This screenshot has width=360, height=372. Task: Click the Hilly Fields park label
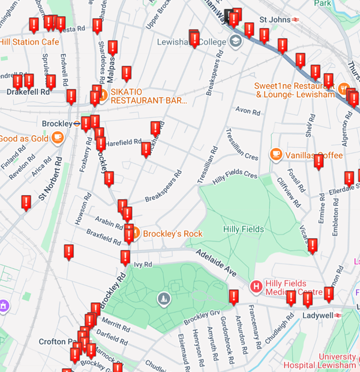243,229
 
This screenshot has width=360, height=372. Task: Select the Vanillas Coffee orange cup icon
276,155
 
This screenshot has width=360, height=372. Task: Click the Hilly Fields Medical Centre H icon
256,286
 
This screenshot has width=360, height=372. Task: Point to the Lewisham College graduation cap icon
235,41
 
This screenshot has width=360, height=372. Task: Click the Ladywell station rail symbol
337,316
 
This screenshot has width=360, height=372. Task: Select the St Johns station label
275,20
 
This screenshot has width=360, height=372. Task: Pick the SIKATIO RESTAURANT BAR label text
149,96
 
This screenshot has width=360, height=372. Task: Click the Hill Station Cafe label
29,42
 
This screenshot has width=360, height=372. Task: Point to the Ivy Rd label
142,265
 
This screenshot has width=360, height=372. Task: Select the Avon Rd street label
249,110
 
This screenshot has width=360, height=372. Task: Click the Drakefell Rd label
28,91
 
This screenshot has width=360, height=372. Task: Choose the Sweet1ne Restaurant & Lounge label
295,90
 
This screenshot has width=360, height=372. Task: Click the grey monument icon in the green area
164,298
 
